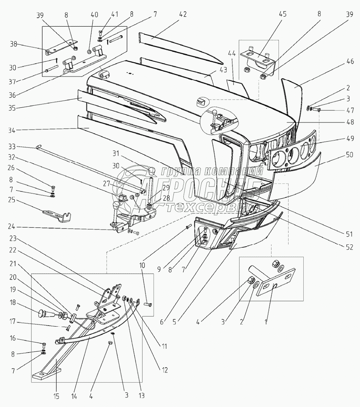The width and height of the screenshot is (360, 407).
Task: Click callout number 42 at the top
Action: (x=182, y=14)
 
